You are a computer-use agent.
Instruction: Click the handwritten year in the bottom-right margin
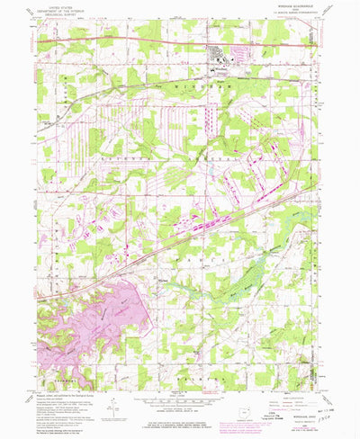tap(343, 419)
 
